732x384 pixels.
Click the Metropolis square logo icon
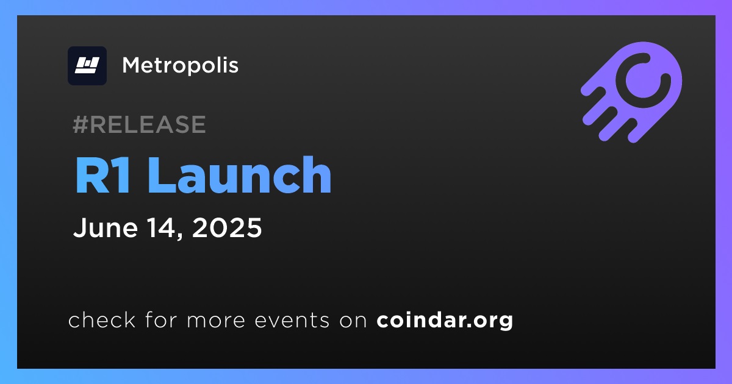pos(87,66)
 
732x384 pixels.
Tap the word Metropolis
pos(180,66)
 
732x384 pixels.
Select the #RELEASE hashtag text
pos(139,124)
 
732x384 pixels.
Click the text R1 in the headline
pos(103,176)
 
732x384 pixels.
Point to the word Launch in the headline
pos(241,176)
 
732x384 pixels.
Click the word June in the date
pos(105,227)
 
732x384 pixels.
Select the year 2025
pos(227,227)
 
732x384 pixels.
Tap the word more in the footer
pos(216,321)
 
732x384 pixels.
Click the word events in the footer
pos(292,321)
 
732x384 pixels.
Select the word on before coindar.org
pos(353,321)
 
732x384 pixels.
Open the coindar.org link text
pos(445,321)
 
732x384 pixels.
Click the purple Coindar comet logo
pos(631,92)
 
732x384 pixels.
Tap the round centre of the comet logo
pos(642,80)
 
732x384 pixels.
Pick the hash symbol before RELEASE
pos(81,124)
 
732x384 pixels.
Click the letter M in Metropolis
pos(131,65)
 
